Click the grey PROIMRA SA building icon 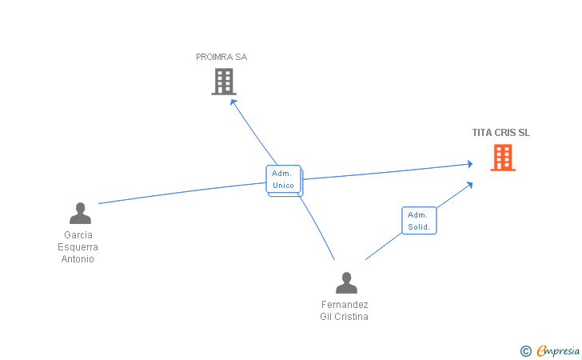click(224, 82)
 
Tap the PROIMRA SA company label click(221, 57)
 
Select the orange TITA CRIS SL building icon click(503, 158)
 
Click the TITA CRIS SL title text click(501, 133)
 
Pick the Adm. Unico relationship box click(284, 179)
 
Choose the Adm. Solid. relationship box click(419, 221)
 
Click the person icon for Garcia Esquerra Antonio click(80, 213)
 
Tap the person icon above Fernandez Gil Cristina click(346, 282)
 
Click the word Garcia click(78, 235)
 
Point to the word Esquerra click(78, 247)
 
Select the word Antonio click(78, 259)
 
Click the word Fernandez click(345, 305)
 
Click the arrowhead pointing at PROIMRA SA click(233, 102)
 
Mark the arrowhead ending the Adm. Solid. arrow click(469, 185)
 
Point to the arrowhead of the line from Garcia click(470, 164)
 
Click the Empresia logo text click(558, 350)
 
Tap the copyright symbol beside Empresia click(526, 351)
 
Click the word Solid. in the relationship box click(419, 226)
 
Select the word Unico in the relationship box click(283, 185)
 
